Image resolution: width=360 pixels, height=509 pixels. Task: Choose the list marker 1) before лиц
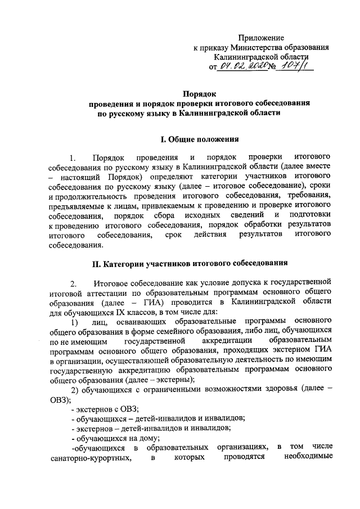click(x=74, y=322)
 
